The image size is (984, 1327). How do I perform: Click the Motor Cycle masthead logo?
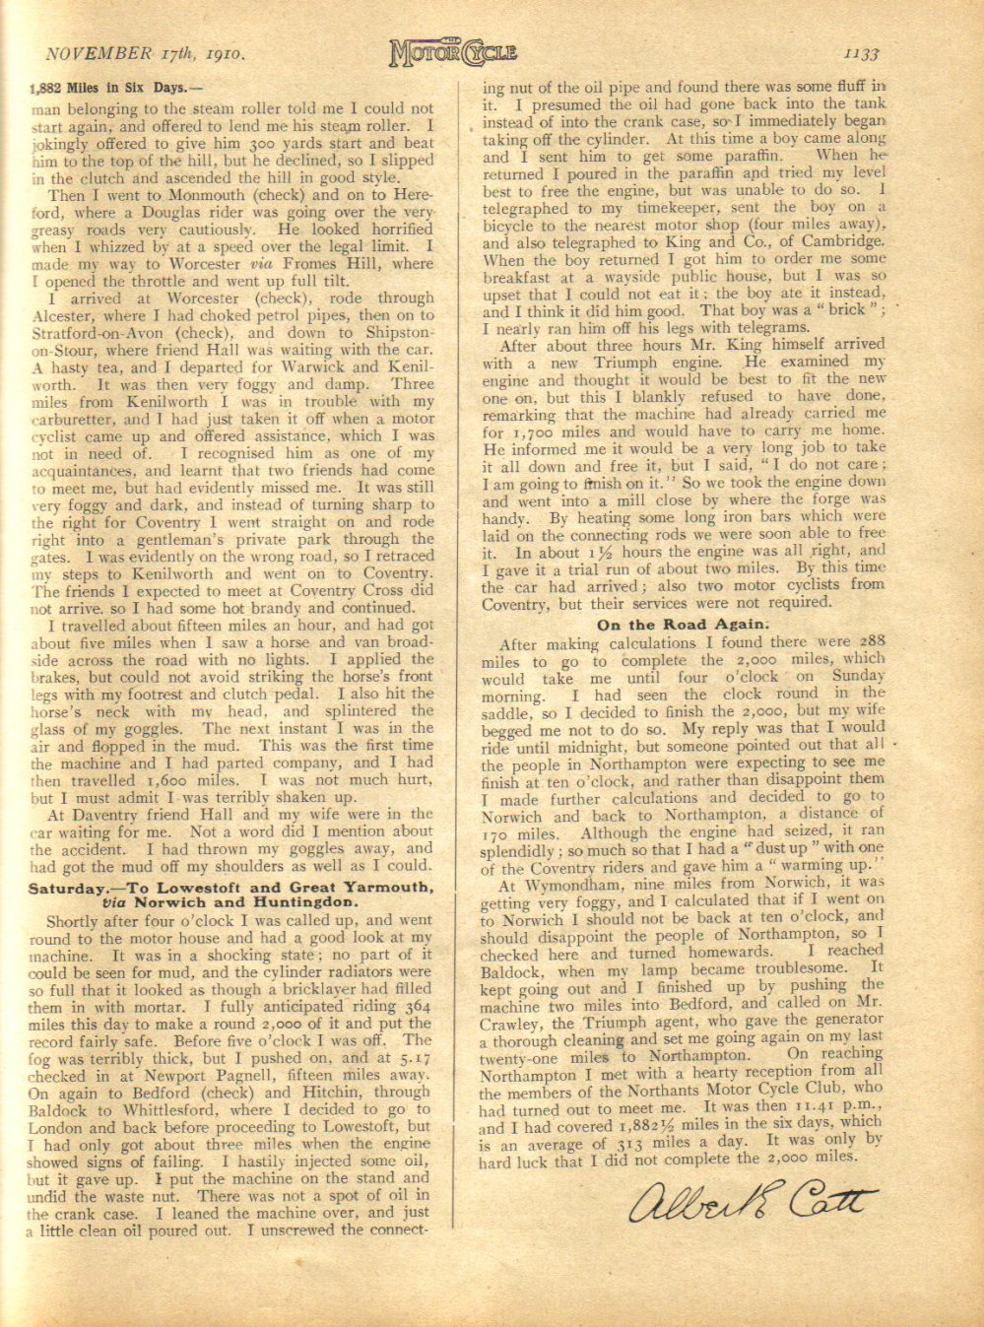click(452, 51)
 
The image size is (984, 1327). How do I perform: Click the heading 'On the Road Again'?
click(682, 625)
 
